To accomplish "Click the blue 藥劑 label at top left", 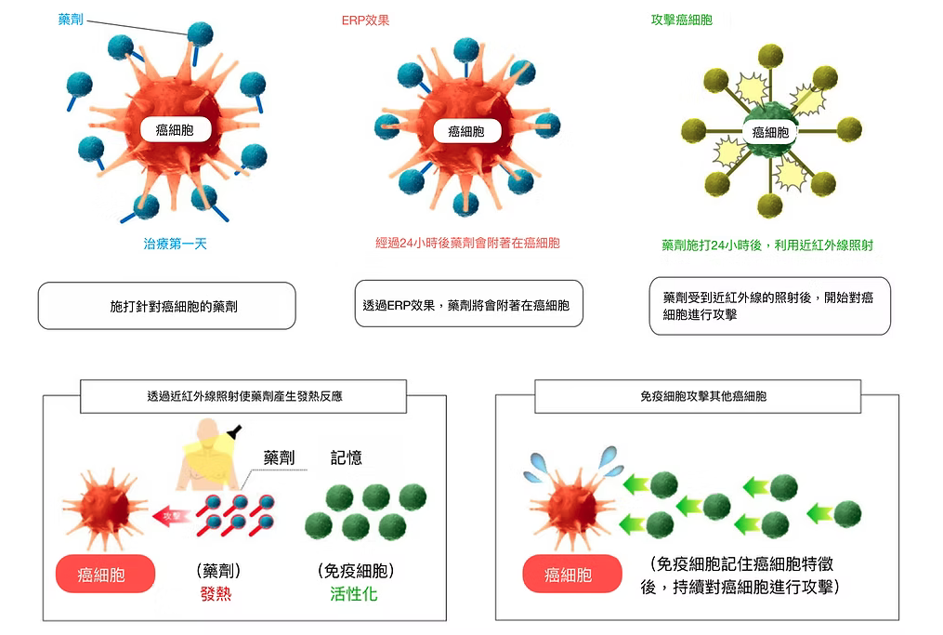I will [x=71, y=19].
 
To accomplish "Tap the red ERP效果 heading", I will [x=365, y=20].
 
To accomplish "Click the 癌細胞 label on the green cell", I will [x=769, y=133].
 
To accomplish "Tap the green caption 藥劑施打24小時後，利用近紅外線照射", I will [x=767, y=245].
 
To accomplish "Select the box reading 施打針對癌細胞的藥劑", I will [x=167, y=305].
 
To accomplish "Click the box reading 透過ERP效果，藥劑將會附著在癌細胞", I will [x=468, y=304].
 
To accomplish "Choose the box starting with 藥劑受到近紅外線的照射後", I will [x=768, y=305].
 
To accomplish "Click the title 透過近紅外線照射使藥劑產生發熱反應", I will [x=244, y=396].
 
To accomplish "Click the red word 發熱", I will [x=216, y=594].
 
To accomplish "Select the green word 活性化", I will [x=354, y=594].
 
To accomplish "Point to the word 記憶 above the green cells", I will [x=347, y=457].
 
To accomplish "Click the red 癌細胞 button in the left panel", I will [x=102, y=574].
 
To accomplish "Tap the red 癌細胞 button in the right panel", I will [x=569, y=575].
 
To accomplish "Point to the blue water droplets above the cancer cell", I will [x=568, y=463].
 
